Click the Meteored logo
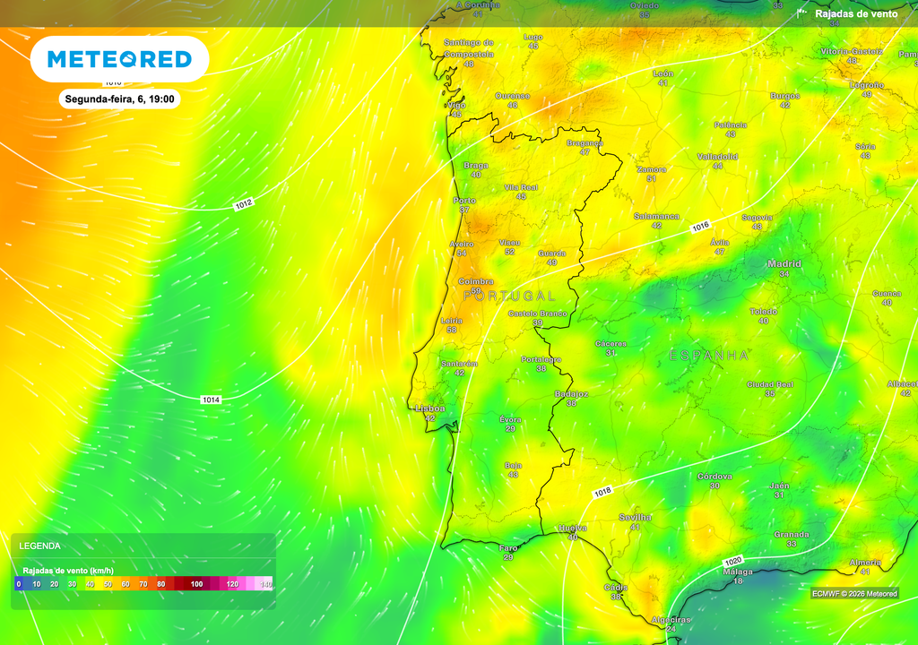point(119,59)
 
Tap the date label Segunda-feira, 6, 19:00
point(119,99)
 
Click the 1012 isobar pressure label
point(244,205)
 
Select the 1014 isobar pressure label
point(211,400)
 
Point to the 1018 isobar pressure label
point(602,492)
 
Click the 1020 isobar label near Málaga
point(732,561)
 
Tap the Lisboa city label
point(430,408)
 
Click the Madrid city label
point(784,263)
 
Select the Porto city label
point(464,200)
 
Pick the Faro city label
point(508,547)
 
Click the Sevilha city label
point(636,517)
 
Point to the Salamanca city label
point(656,216)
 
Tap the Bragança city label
point(585,142)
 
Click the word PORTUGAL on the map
point(509,295)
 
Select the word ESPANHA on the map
point(709,356)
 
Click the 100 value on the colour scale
point(197,584)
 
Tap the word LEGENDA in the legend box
point(40,546)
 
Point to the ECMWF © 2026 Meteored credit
point(854,593)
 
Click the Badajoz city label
point(571,393)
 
